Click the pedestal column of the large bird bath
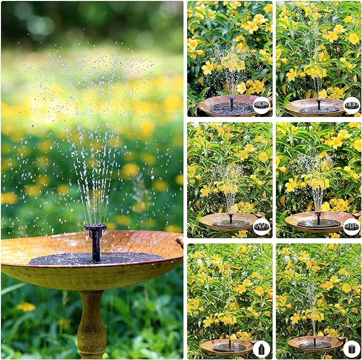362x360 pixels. click(92, 325)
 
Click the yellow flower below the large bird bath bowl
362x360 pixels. click(26, 307)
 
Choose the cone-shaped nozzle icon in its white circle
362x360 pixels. click(261, 349)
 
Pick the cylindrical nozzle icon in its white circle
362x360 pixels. click(351, 349)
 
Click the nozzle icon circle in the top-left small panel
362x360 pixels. click(261, 105)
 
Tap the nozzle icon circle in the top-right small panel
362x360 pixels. click(351, 105)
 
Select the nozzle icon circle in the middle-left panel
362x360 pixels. click(261, 227)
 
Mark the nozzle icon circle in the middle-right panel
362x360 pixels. click(351, 227)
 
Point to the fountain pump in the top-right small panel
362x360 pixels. click(318, 106)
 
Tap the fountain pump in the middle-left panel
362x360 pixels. click(230, 221)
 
